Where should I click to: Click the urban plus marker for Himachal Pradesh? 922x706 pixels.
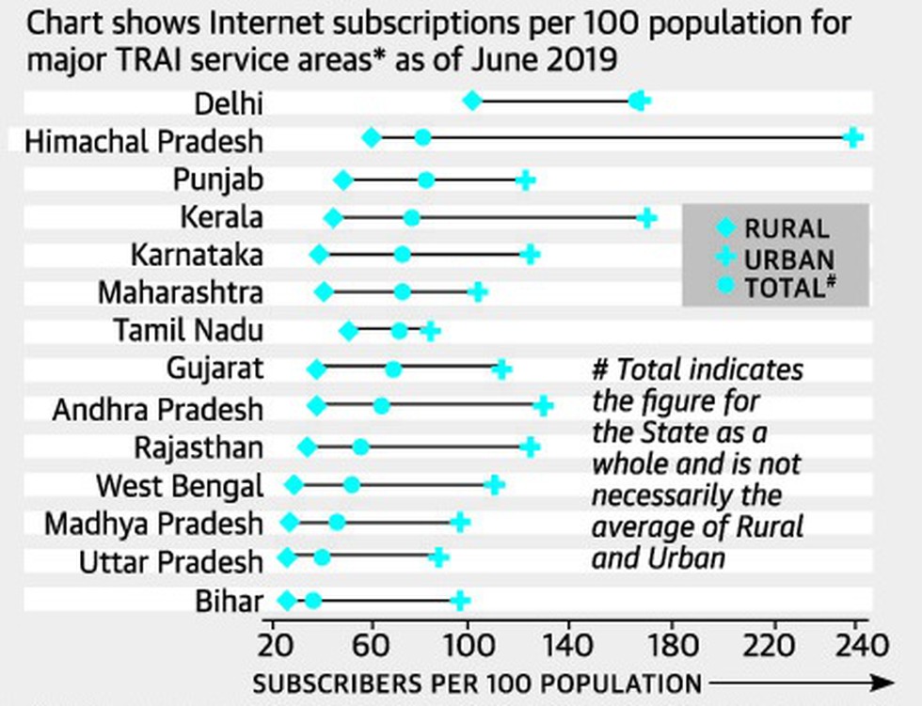[853, 138]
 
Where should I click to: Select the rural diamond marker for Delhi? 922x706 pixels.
[472, 101]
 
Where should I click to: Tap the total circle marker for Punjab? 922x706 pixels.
[426, 180]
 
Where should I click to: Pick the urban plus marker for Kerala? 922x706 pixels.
[647, 218]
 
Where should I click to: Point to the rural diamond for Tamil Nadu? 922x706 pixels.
[349, 331]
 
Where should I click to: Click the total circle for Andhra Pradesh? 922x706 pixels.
[381, 406]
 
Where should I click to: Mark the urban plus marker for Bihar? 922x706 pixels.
[460, 601]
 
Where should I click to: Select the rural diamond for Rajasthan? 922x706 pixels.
[307, 447]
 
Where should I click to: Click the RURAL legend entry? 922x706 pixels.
[772, 228]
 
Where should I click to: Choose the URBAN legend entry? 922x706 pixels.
[775, 259]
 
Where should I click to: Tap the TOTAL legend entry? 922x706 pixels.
[776, 288]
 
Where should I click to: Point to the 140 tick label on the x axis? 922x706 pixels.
[567, 646]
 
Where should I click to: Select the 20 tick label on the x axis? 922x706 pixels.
[275, 646]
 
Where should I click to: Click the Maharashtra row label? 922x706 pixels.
[181, 293]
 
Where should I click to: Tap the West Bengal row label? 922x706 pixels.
[180, 487]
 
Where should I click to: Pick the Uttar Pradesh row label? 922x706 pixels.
[171, 563]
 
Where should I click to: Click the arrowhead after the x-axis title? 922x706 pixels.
[882, 683]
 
